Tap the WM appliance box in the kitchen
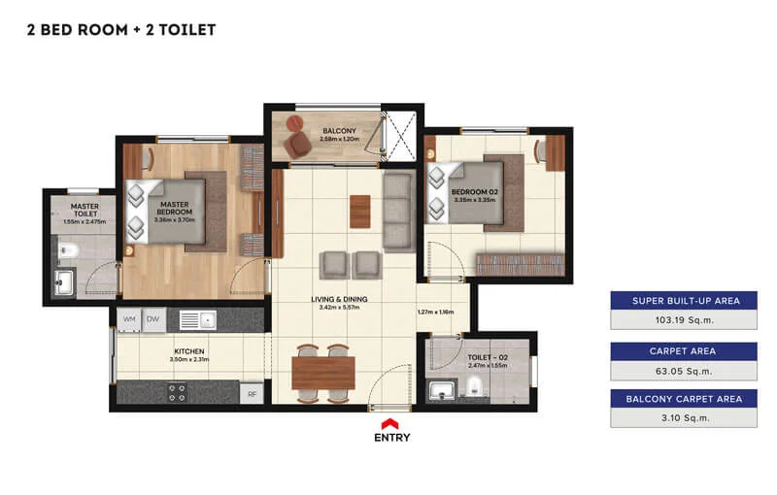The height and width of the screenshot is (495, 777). (129, 318)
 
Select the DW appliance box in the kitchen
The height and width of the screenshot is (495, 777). (152, 318)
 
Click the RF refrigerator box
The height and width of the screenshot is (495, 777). (252, 394)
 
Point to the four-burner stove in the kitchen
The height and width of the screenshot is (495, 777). (178, 392)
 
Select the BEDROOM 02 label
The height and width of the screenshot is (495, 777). (474, 192)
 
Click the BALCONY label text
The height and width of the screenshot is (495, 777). (340, 131)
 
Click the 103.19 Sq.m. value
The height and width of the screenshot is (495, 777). (684, 319)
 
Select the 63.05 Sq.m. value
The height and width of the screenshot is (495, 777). (684, 370)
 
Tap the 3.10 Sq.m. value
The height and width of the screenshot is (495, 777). (684, 418)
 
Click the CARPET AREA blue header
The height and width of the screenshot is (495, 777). (684, 350)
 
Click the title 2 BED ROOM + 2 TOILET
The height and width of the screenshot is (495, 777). (121, 29)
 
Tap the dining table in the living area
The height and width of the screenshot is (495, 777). (323, 373)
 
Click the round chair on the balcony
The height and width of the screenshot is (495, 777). (298, 145)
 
